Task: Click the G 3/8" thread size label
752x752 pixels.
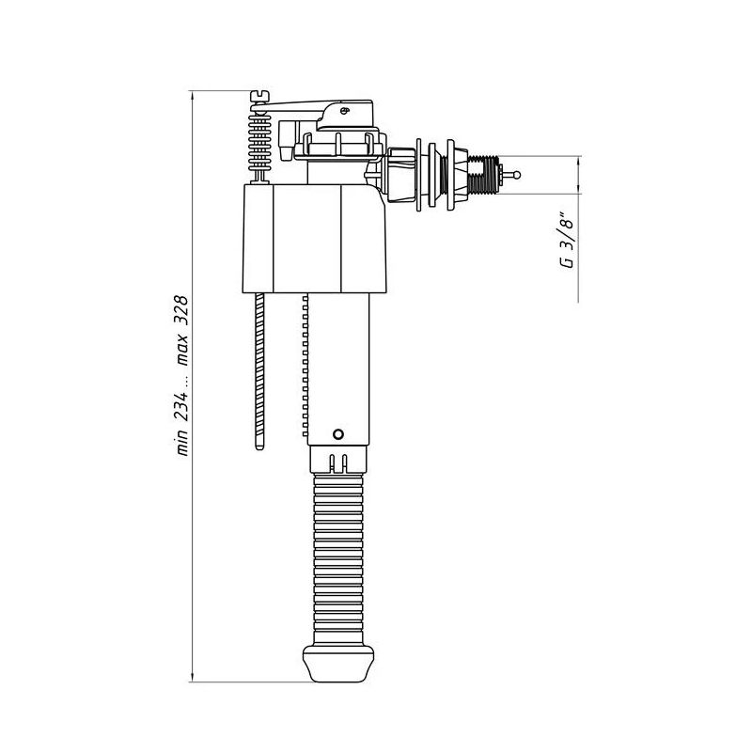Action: (x=566, y=243)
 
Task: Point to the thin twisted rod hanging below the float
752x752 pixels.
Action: (x=259, y=371)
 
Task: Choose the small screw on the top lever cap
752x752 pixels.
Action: (x=345, y=111)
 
